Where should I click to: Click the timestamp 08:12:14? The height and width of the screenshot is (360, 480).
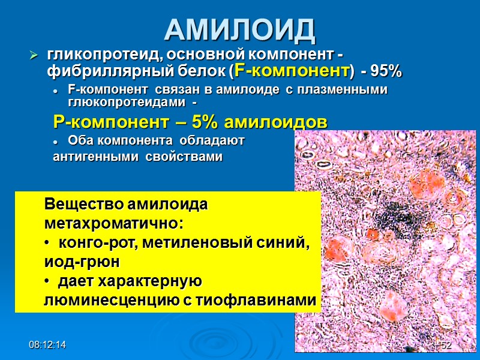[49, 346]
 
